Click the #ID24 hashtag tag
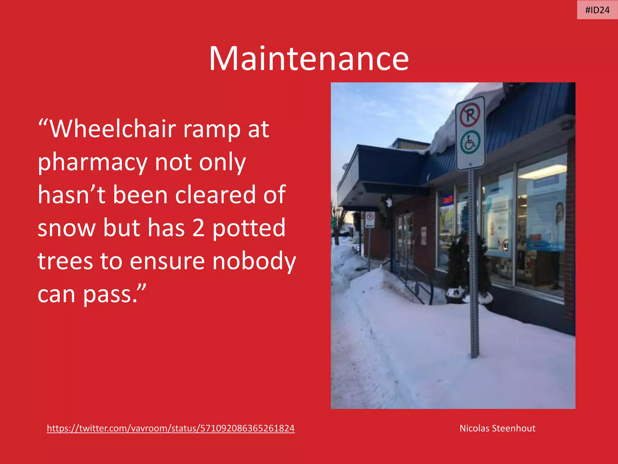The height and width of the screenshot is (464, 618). [597, 10]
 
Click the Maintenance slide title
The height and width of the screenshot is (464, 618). [308, 59]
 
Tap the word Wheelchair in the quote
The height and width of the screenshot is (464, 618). [113, 129]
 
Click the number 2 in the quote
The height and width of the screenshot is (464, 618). [198, 228]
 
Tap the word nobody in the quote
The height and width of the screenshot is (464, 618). [254, 261]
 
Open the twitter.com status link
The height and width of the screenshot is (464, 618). [170, 428]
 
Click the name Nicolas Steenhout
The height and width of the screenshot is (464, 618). [497, 428]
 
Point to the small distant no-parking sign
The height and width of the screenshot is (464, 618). [370, 219]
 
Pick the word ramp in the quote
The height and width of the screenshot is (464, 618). [212, 129]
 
